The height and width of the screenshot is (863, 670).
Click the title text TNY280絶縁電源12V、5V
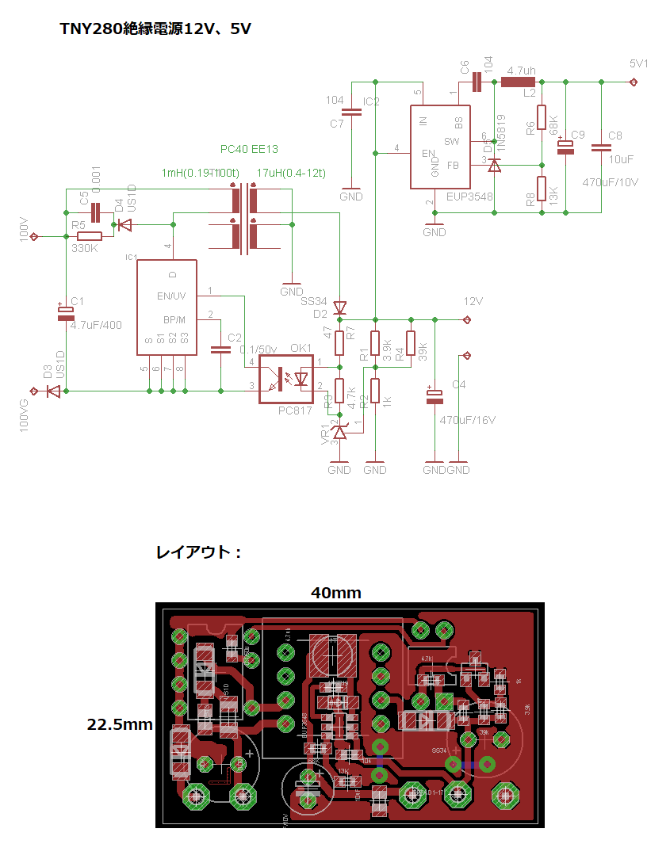156,29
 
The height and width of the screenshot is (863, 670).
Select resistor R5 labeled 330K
89,236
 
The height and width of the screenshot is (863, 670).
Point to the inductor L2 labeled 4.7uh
519,82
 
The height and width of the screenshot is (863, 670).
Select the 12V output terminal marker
467,320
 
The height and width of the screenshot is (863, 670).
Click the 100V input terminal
35,236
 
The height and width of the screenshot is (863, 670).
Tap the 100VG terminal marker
34,391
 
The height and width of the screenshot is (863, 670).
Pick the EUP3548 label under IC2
469,196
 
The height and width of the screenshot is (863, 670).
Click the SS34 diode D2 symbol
339,307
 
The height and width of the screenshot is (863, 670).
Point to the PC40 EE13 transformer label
248,149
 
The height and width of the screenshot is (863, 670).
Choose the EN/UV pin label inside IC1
172,296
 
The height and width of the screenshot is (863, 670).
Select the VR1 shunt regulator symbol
339,432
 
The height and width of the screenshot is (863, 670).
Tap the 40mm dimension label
335,592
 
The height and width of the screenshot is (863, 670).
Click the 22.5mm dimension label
120,724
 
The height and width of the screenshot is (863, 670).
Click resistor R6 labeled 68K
542,117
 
